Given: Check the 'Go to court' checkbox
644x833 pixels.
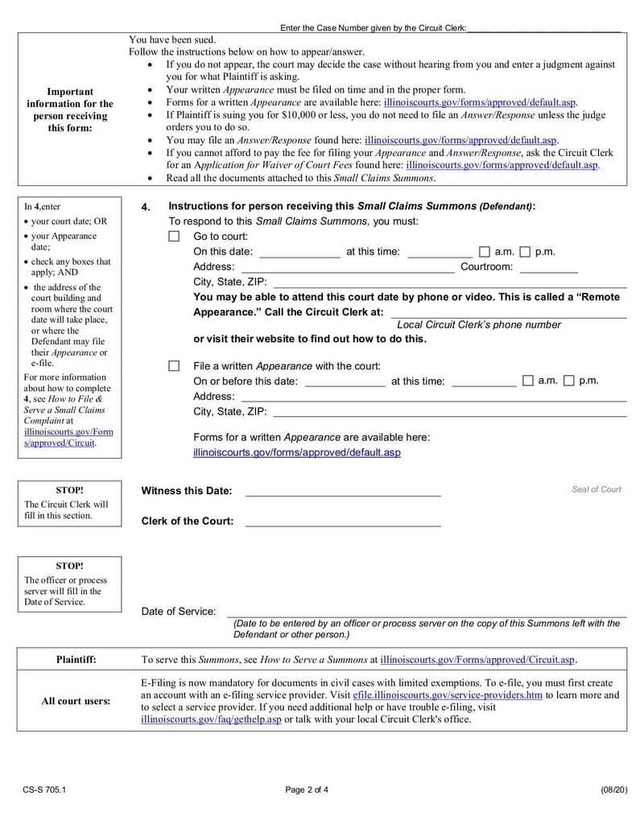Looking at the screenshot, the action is coord(174,237).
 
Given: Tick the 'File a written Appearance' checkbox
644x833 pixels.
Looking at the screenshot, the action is coord(174,366).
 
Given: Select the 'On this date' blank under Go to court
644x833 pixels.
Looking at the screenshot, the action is coord(299,253).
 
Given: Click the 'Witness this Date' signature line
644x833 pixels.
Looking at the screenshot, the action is coord(343,492).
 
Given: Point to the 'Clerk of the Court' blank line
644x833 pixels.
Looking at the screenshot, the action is coord(343,522).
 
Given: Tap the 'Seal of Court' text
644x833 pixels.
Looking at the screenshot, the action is coord(597,489).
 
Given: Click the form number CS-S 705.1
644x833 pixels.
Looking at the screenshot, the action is coord(44,790).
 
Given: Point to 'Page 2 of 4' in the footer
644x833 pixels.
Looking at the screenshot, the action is coord(307,790).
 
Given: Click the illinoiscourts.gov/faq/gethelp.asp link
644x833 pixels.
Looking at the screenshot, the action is coord(211,719).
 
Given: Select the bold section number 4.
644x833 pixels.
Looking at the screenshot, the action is coord(146,207).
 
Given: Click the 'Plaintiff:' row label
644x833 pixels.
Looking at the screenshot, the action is coord(76,659).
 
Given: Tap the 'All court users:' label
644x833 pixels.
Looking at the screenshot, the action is coord(76,701).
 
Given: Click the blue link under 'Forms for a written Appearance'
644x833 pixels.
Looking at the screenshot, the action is coord(296,453).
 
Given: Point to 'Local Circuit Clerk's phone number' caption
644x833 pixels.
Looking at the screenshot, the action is coord(479,325).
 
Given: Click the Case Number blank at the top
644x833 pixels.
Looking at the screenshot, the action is coord(543,28).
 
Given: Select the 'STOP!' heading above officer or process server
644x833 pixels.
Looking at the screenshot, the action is coord(69,566).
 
